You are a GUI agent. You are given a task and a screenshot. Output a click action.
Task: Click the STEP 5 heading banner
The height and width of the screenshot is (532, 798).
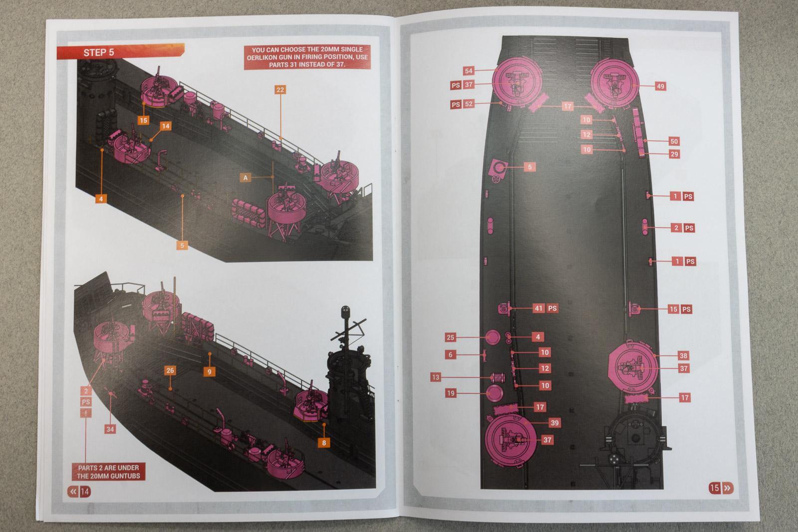[x=120, y=52]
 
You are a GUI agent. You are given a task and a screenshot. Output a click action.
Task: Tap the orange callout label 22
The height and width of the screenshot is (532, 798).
[x=280, y=90]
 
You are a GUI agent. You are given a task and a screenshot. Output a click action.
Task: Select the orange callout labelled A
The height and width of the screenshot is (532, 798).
[x=245, y=177]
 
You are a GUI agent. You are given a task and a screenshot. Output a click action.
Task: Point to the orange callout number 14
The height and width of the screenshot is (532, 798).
[x=166, y=126]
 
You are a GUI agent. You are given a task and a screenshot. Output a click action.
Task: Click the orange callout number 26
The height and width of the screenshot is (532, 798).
[x=170, y=370]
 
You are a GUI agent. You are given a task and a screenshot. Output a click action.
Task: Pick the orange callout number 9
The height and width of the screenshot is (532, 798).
[x=209, y=372]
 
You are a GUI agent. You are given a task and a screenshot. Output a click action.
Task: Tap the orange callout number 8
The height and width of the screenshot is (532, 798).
[x=324, y=443]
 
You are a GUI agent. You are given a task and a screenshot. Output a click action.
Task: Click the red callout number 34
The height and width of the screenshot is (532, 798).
[x=110, y=429]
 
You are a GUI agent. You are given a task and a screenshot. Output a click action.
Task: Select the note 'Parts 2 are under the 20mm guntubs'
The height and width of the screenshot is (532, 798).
[x=109, y=472]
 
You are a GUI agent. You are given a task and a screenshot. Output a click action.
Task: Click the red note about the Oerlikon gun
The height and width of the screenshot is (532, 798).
[x=307, y=57]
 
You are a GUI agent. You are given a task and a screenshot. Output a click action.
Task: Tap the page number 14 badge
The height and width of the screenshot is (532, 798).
[x=79, y=492]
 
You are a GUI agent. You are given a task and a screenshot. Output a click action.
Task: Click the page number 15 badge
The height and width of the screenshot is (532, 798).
[x=721, y=488]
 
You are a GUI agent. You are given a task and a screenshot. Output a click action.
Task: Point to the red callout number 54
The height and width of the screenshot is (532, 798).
[x=468, y=71]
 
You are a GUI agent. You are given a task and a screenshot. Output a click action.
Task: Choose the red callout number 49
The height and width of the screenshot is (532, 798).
[x=660, y=86]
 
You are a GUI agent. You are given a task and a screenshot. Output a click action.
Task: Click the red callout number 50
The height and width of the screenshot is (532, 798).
[x=674, y=142]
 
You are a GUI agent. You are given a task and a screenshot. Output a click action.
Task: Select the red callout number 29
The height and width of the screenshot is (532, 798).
[x=674, y=154]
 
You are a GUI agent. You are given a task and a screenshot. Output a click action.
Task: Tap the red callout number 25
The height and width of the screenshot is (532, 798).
[x=451, y=338]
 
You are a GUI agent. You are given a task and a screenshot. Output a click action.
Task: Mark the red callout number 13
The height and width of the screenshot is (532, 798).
[x=436, y=377]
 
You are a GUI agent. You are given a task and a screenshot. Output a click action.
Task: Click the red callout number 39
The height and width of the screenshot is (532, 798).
[x=555, y=423]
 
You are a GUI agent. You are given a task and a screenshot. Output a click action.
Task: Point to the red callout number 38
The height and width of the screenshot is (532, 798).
[x=683, y=355]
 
